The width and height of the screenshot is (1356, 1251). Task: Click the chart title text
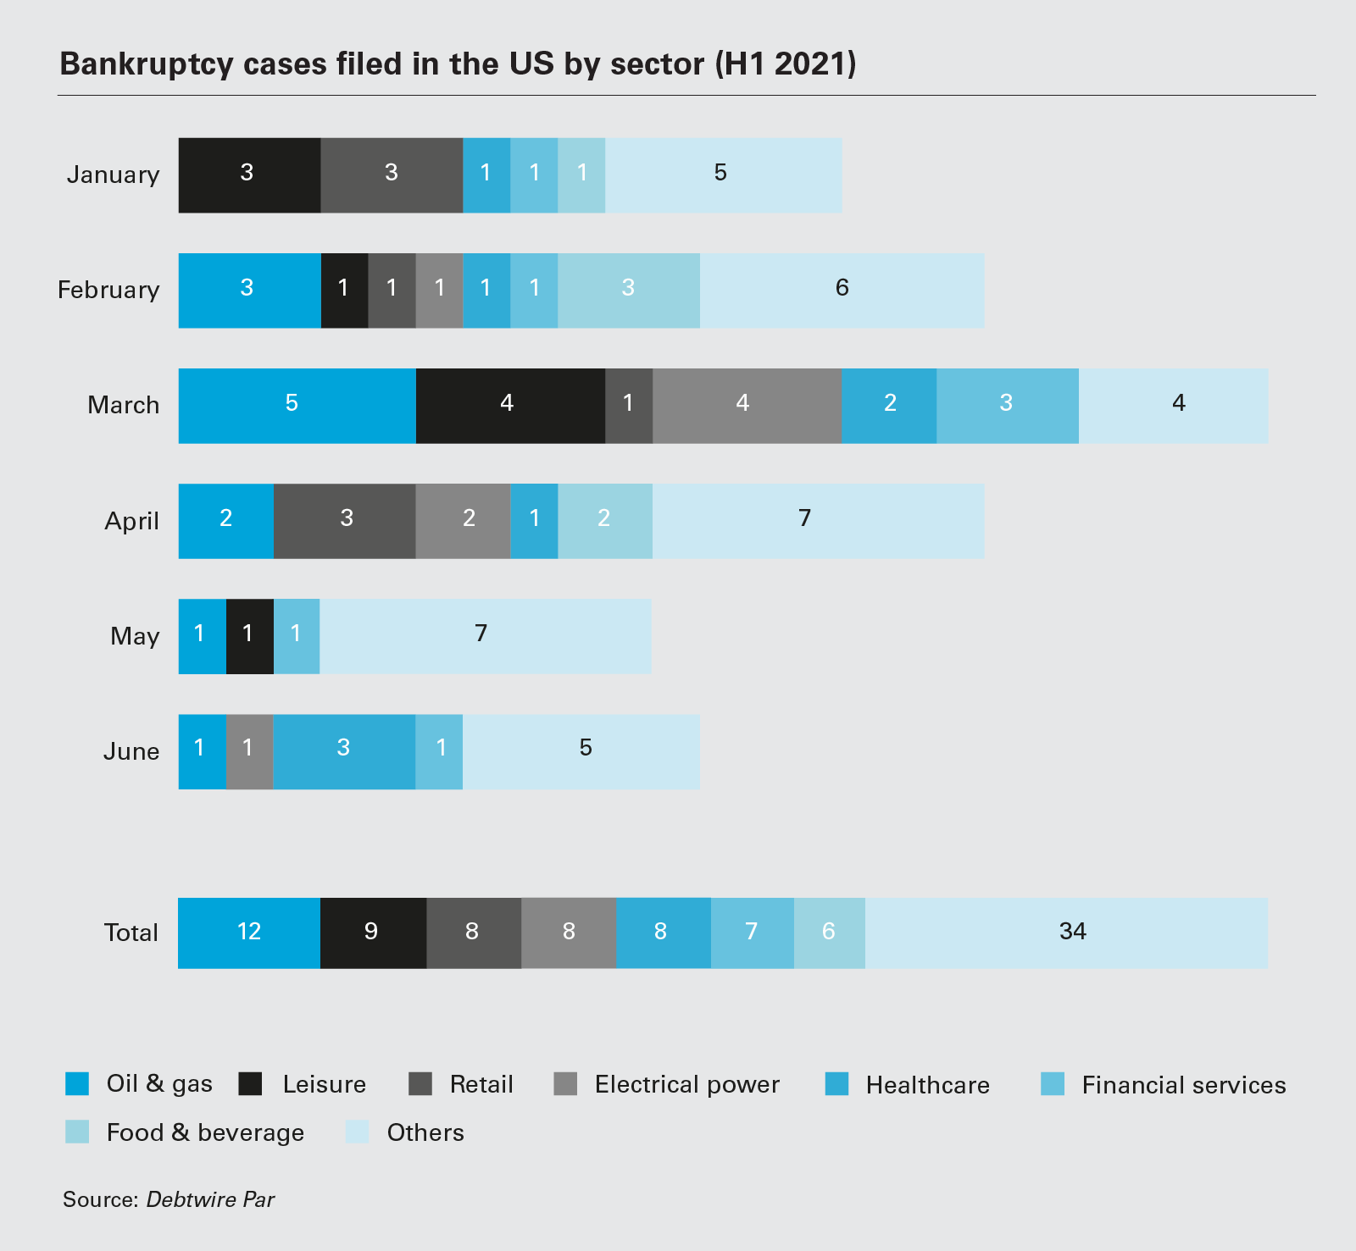[x=458, y=64]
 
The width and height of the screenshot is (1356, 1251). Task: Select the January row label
[x=113, y=174]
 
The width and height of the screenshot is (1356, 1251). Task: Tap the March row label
[x=123, y=405]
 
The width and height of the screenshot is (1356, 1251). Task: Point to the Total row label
[x=131, y=933]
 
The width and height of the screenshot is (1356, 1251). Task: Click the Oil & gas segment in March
[x=297, y=405]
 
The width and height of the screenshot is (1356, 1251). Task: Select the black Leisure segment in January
[x=249, y=174]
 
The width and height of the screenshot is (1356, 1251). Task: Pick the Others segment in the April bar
[x=818, y=520]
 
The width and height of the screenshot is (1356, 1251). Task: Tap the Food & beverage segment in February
[x=628, y=290]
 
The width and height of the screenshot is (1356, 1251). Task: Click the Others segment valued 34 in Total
[x=1066, y=933]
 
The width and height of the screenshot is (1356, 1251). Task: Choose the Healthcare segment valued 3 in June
[x=344, y=751]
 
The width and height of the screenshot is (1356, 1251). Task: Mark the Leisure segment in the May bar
[x=250, y=636]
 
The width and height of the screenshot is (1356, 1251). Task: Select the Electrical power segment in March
[x=747, y=405]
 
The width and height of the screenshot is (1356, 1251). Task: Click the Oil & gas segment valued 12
[x=249, y=933]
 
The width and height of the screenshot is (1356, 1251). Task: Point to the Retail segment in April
[x=344, y=520]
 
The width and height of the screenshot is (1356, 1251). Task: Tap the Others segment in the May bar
[x=485, y=636]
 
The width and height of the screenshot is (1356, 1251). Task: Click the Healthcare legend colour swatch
[x=836, y=1084]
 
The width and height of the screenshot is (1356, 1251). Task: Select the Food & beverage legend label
[x=205, y=1132]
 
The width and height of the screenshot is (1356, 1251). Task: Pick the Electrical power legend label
[x=686, y=1084]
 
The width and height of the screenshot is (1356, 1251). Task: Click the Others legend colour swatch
[x=358, y=1132]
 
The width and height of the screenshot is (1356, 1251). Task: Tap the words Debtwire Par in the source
[x=210, y=1199]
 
